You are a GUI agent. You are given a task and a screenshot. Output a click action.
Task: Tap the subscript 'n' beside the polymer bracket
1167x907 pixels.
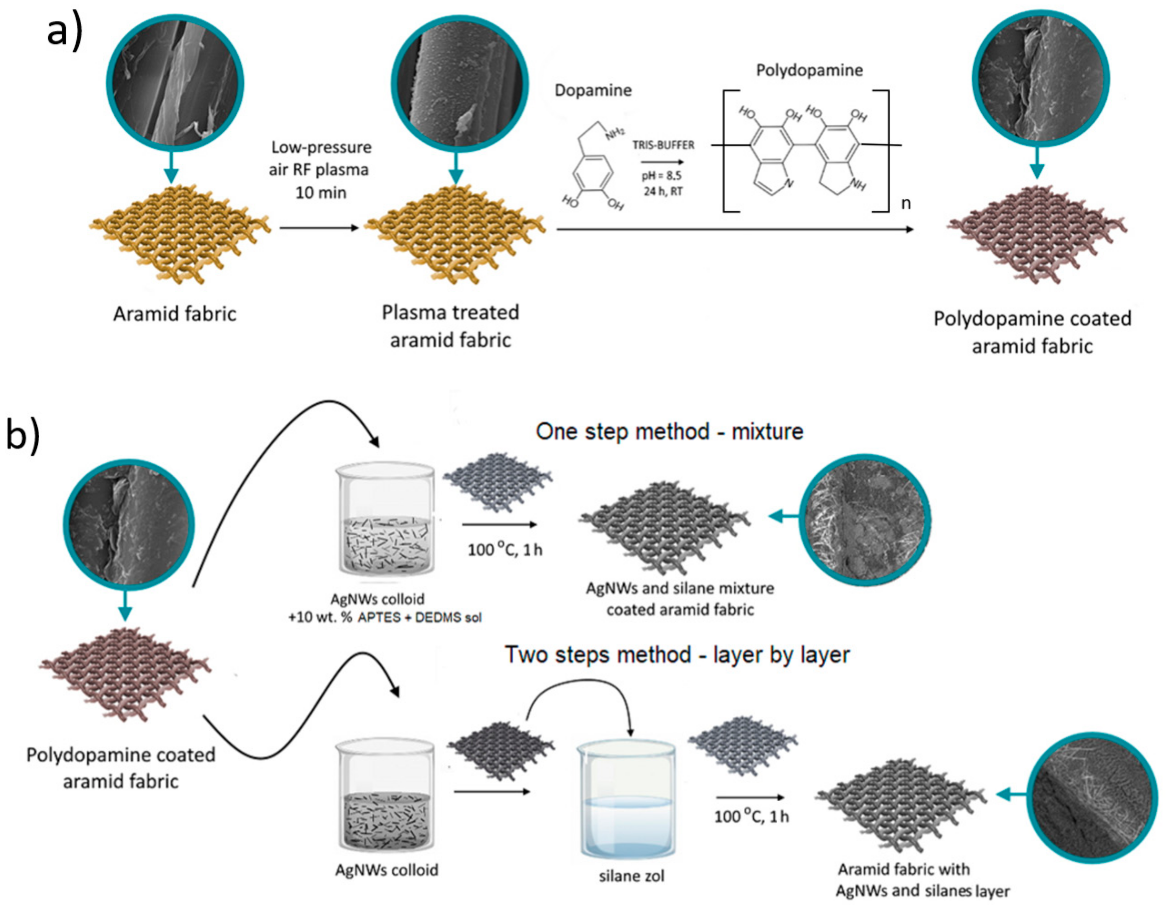pos(906,204)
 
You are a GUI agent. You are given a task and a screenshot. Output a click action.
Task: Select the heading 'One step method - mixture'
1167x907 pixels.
pos(670,431)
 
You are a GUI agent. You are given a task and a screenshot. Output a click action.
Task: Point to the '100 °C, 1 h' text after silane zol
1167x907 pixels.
pos(751,816)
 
